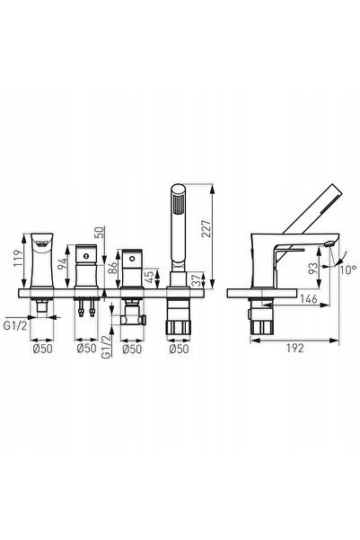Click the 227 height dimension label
[x=206, y=229]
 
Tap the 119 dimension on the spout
[x=18, y=258]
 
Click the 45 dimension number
[x=151, y=277]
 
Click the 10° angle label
[x=348, y=270]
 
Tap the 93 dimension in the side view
[x=313, y=269]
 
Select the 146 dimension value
[x=308, y=298]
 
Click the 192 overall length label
[x=295, y=348]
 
